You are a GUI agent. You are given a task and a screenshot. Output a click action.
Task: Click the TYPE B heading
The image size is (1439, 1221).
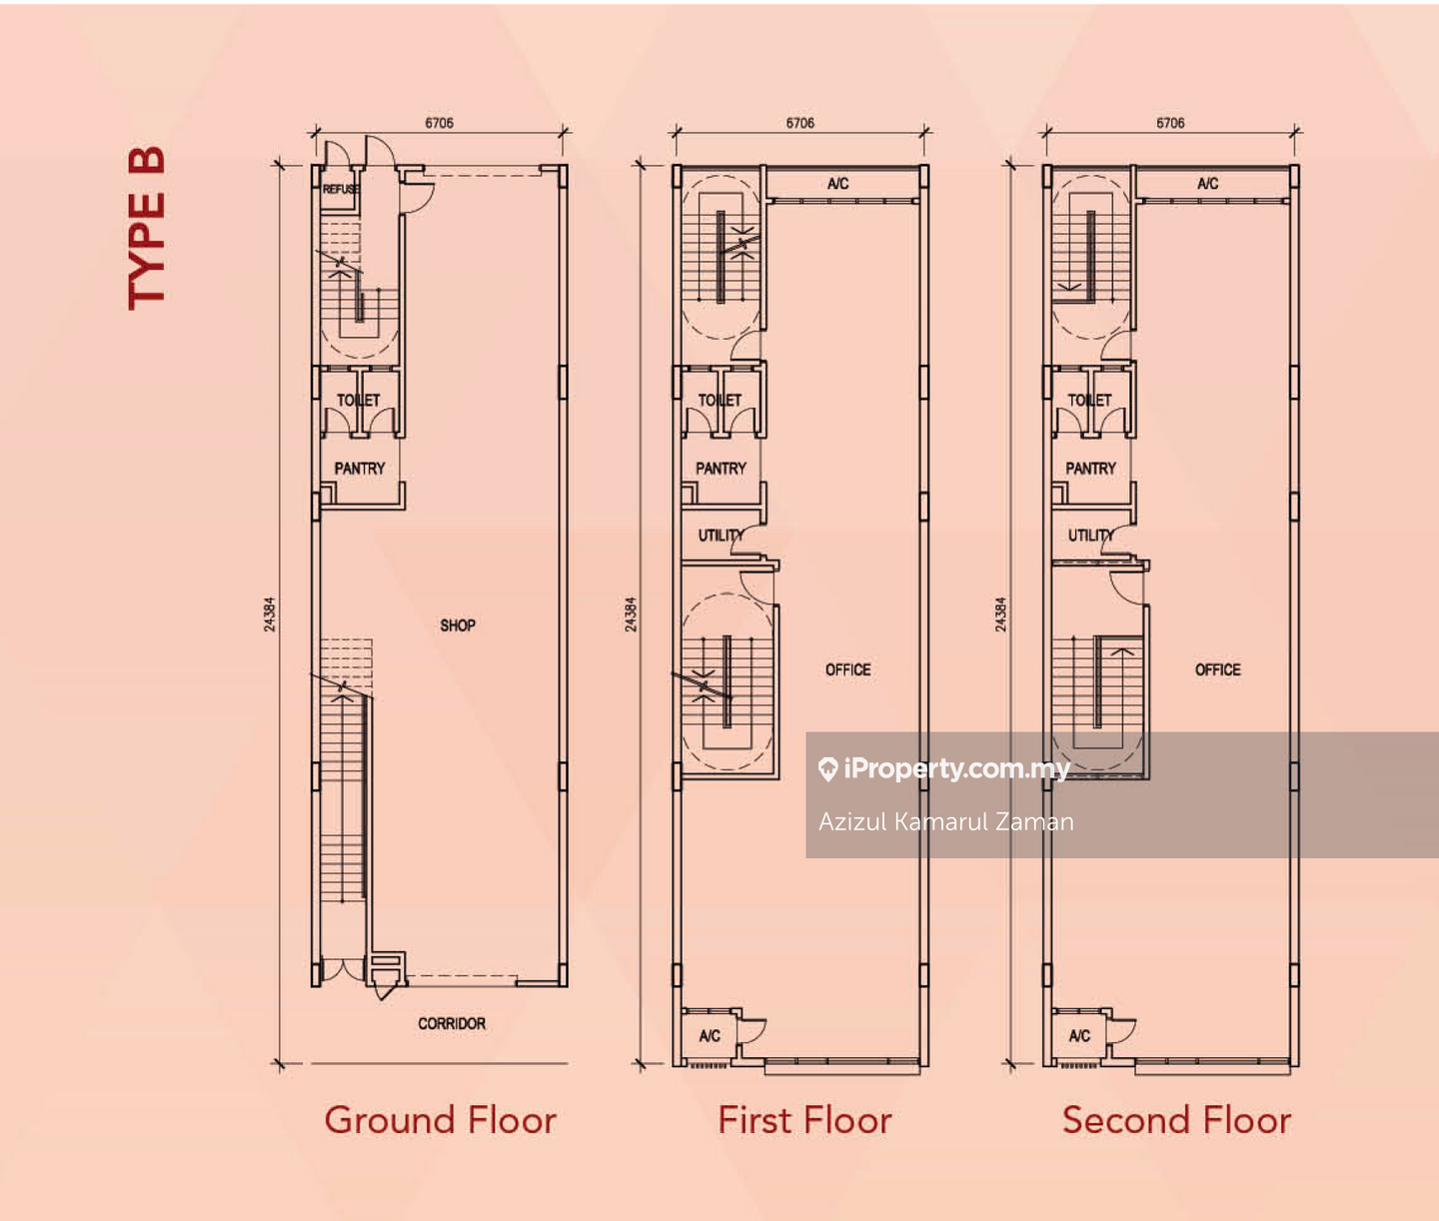pos(146,228)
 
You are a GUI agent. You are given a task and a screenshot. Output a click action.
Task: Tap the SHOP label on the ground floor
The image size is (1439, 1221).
pos(458,625)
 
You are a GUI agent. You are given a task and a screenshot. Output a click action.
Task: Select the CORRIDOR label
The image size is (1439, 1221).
pos(452,1023)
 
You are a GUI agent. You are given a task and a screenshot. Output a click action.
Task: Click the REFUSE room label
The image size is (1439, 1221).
pos(341,189)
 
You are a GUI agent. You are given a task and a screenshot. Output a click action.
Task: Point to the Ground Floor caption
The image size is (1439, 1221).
pos(440,1120)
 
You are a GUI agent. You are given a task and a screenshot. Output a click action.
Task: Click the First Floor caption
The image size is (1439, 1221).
pos(804,1120)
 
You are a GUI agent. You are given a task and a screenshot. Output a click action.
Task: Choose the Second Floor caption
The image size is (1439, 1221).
pos(1176,1120)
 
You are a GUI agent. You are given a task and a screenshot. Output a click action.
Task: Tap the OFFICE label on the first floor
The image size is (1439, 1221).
pos(848,669)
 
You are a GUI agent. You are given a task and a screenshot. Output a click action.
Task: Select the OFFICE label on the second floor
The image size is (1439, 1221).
pos(1217,669)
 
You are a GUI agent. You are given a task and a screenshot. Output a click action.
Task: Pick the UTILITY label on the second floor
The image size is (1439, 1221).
pos(1091,536)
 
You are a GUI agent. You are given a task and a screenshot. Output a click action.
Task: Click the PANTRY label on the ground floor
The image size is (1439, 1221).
pos(359,469)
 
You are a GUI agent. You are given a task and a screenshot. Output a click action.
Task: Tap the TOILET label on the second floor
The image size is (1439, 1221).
pos(1089,401)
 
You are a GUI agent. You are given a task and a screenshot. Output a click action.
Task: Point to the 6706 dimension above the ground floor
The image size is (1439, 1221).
pos(440,123)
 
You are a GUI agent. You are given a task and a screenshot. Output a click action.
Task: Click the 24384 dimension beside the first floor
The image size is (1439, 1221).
pos(631,614)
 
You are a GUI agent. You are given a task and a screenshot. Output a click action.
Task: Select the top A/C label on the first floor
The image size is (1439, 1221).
pos(838,184)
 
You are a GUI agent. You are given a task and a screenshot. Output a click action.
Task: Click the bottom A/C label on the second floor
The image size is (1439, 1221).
pos(1079,1036)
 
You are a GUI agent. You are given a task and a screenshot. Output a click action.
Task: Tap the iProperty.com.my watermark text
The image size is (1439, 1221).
pos(944,769)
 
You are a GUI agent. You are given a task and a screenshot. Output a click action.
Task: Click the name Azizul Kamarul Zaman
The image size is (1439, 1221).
pos(946,822)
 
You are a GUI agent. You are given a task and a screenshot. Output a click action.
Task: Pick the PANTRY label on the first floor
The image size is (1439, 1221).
pos(720,469)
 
